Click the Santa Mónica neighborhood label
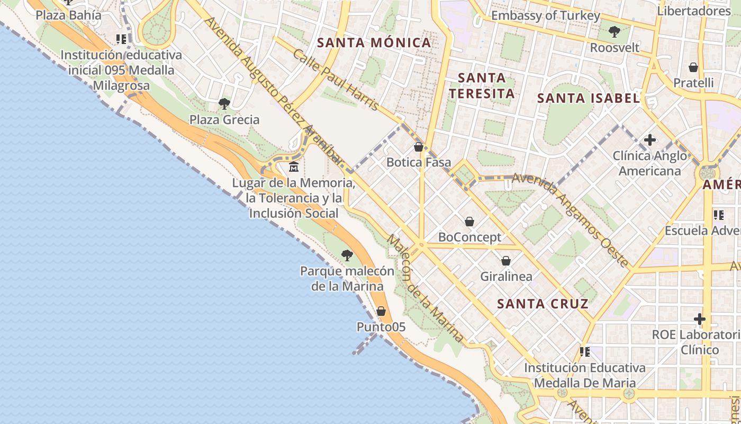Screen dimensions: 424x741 (x=374, y=43)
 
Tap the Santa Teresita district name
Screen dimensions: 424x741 (x=481, y=85)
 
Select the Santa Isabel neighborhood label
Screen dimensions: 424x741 (x=588, y=98)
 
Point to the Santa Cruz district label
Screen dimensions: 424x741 (x=543, y=304)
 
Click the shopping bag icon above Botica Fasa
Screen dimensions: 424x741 (x=419, y=147)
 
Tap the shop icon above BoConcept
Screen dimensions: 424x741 (x=469, y=222)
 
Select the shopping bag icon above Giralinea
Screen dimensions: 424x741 (x=506, y=261)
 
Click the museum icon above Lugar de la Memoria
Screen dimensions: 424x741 (x=294, y=167)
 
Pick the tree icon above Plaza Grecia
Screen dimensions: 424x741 (x=224, y=103)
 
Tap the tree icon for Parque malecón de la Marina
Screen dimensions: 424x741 (x=347, y=255)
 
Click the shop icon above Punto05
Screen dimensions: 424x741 (x=381, y=311)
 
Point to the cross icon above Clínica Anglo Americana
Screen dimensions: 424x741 (x=650, y=140)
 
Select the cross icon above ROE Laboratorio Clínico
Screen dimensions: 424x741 (x=700, y=319)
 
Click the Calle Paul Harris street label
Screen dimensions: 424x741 (x=336, y=80)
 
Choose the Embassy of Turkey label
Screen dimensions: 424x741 (x=546, y=15)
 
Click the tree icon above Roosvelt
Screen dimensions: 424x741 (x=615, y=32)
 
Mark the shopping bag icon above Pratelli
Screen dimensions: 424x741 (x=693, y=67)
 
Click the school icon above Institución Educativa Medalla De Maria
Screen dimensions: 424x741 (x=585, y=351)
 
